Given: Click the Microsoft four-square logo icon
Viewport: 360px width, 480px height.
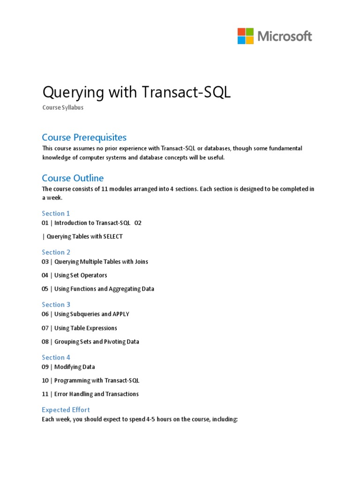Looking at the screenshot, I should (246, 36).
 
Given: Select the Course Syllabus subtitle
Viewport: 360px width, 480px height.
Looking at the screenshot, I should (63, 107).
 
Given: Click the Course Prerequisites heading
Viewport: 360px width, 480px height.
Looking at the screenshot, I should (84, 137).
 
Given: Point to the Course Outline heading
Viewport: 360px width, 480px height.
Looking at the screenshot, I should (73, 178).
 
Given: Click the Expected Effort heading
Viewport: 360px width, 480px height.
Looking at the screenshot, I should (66, 410).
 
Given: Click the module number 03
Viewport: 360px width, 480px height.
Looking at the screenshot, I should (45, 262).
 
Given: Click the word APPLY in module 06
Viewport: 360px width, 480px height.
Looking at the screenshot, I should (120, 314).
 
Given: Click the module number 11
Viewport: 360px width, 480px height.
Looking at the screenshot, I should (45, 394).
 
